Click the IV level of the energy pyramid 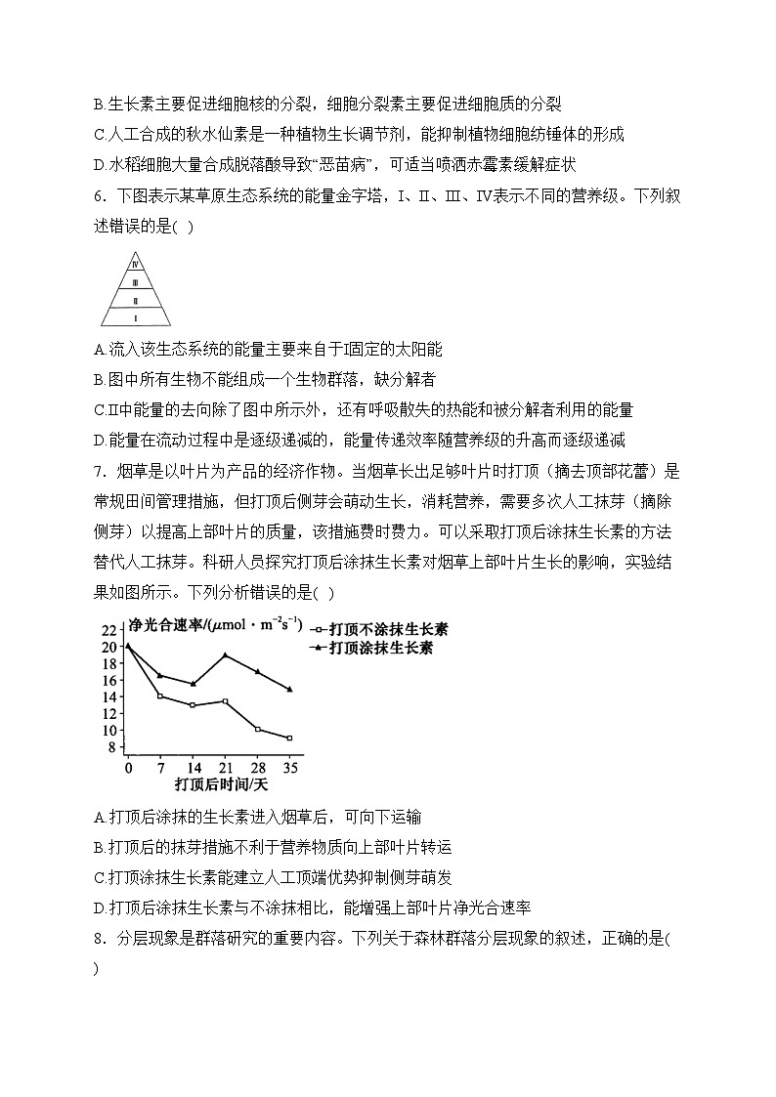137,261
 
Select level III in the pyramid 137,281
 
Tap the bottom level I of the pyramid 137,316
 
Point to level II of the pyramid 137,299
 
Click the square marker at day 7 160,696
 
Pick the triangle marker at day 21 225,654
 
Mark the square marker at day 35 289,738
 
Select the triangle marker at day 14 193,684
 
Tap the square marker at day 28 257,729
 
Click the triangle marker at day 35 289,689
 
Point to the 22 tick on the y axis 108,630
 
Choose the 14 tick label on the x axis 193,768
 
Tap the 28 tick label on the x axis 257,768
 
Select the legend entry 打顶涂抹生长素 381,648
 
